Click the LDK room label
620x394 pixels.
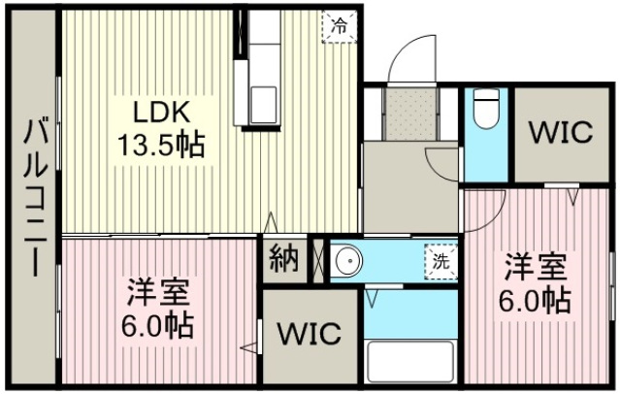(x=162, y=113)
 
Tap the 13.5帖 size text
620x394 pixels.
(x=160, y=145)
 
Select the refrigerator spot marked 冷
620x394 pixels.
(x=340, y=26)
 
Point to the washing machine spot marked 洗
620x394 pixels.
(x=441, y=262)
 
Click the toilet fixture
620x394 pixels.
(x=486, y=108)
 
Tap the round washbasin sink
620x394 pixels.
(x=348, y=261)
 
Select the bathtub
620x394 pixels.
(x=410, y=360)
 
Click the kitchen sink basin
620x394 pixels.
(x=263, y=105)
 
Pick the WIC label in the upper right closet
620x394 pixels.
(x=561, y=133)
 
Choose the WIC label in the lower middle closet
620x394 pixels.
(x=310, y=334)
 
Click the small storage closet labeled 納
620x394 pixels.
(x=284, y=260)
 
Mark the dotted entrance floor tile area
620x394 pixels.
(x=410, y=114)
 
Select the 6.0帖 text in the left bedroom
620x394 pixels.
(x=157, y=325)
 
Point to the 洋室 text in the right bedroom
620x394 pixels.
(x=536, y=268)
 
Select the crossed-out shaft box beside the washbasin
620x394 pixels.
(x=318, y=261)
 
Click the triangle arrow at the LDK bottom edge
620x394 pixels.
(x=271, y=222)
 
